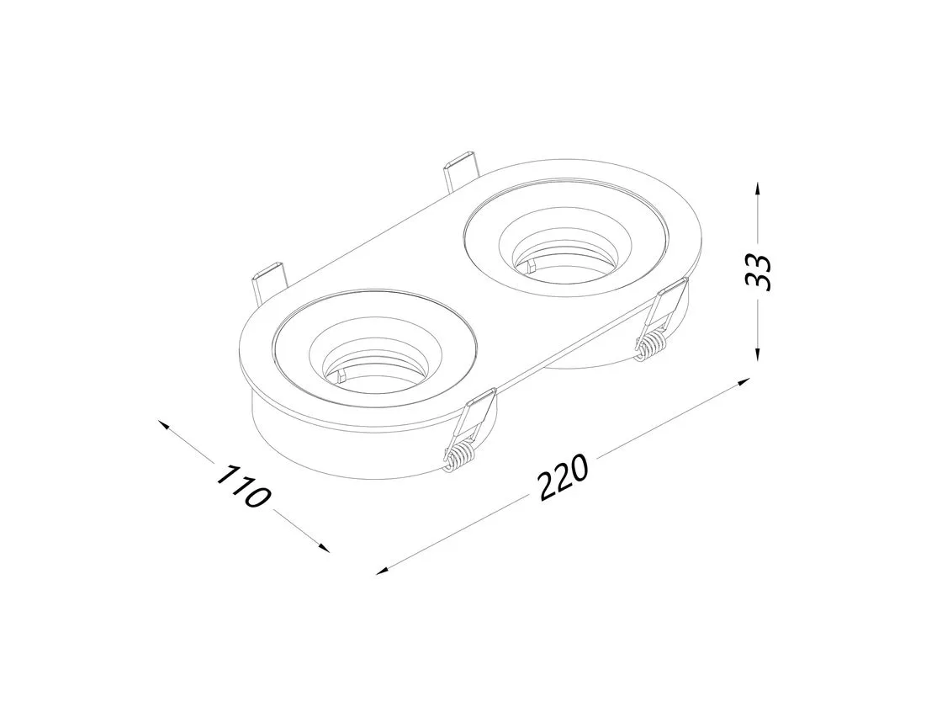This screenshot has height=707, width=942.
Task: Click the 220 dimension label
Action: tap(563, 478)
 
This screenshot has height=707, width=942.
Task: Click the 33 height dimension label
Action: tap(758, 273)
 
